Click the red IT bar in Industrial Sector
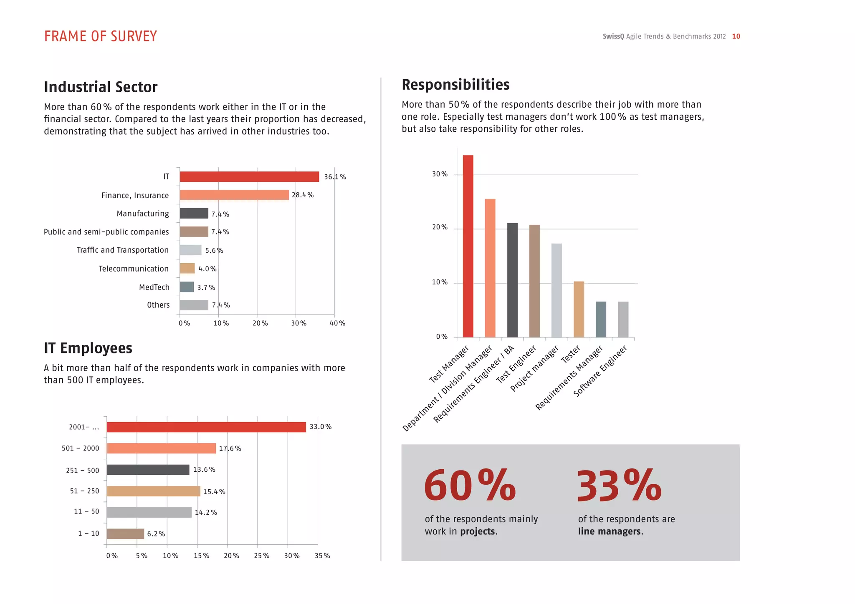tap(249, 176)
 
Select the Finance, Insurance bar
tap(234, 195)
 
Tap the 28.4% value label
tap(303, 195)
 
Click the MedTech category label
tap(154, 287)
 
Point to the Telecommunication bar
tap(187, 268)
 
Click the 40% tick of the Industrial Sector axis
tap(337, 323)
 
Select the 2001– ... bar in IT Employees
tap(206, 427)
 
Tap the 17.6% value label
tap(230, 448)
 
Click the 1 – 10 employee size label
tap(89, 534)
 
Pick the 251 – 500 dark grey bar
tap(148, 470)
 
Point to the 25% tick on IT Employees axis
tap(262, 556)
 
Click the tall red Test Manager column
tap(468, 246)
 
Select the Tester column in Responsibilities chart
tap(579, 309)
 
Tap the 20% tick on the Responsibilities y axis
tap(439, 227)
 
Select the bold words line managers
tap(610, 531)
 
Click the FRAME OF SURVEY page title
tap(101, 36)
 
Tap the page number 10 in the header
tap(736, 36)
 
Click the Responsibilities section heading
tap(455, 85)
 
